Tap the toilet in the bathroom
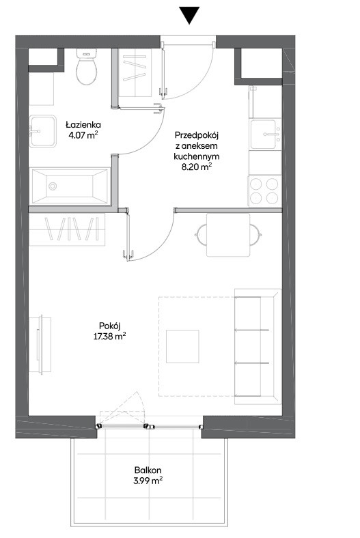coord(86,66)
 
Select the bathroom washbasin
coord(42,131)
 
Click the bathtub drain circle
coord(53,186)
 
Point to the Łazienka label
coord(83,124)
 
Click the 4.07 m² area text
coord(83,135)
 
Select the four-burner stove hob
coord(264,191)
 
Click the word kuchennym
coord(197,156)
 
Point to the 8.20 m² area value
coord(197,167)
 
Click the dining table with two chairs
coord(228,235)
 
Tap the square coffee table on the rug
coord(182,347)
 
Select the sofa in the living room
coord(258,347)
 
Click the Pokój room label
coord(109,326)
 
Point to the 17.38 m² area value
coord(109,336)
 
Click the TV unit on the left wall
coord(40,345)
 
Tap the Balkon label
coord(148,470)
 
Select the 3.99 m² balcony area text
coord(148,481)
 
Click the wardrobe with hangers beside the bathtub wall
coord(67,229)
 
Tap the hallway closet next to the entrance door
coord(135,72)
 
